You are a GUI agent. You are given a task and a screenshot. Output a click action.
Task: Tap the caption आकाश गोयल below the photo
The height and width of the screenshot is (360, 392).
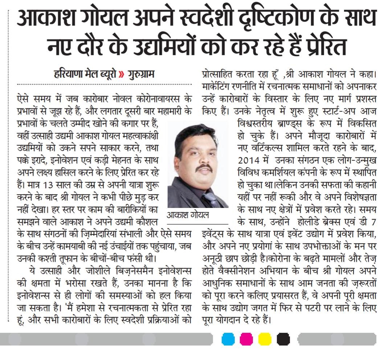pos(188,215)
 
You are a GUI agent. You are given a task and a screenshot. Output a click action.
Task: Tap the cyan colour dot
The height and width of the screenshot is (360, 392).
pos(228,339)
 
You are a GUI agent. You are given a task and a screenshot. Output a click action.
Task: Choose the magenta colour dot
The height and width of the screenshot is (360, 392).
pos(246,339)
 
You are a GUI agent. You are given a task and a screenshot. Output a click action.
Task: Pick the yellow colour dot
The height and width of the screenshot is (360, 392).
pos(265,339)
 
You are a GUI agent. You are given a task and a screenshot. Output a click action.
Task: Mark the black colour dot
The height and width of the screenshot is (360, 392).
pos(283,339)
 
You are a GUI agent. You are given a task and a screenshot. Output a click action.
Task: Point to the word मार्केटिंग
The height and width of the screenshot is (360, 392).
pos(217,87)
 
